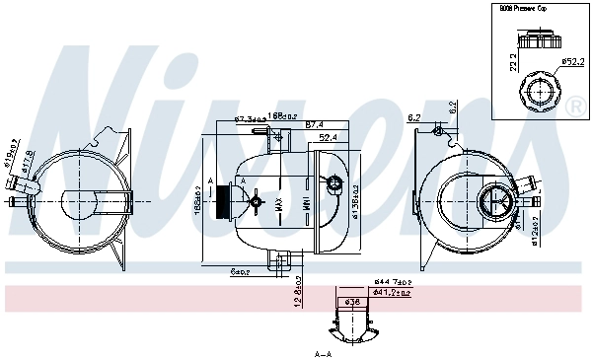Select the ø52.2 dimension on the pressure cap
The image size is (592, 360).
(572, 61)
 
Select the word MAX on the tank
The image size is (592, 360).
(280, 205)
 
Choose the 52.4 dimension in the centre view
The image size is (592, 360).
(329, 137)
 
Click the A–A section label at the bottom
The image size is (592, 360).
(323, 353)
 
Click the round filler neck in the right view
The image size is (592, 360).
(495, 203)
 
